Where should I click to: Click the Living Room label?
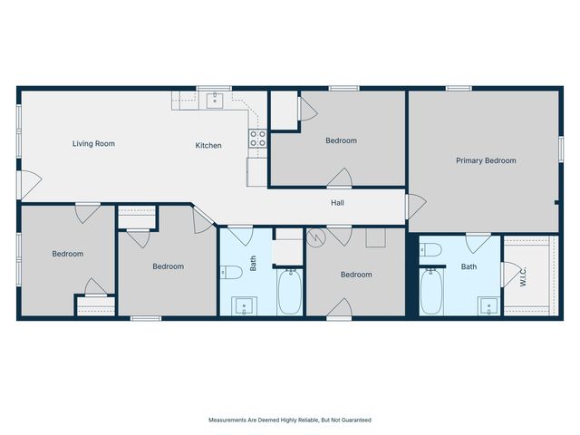[93, 143]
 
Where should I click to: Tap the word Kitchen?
[208, 145]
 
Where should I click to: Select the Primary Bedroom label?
[485, 160]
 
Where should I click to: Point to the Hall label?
[337, 203]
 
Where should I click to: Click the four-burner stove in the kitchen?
[257, 139]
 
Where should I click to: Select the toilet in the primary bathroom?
[431, 250]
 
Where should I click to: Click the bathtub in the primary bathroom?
[432, 293]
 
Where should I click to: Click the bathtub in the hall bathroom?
[290, 292]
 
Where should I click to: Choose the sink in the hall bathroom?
[243, 305]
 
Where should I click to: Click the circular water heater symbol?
[316, 238]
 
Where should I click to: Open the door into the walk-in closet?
[511, 271]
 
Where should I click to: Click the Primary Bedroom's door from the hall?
[414, 207]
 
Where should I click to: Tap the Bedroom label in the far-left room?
[67, 254]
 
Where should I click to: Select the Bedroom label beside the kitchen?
[341, 140]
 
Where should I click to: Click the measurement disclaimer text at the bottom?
[290, 420]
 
